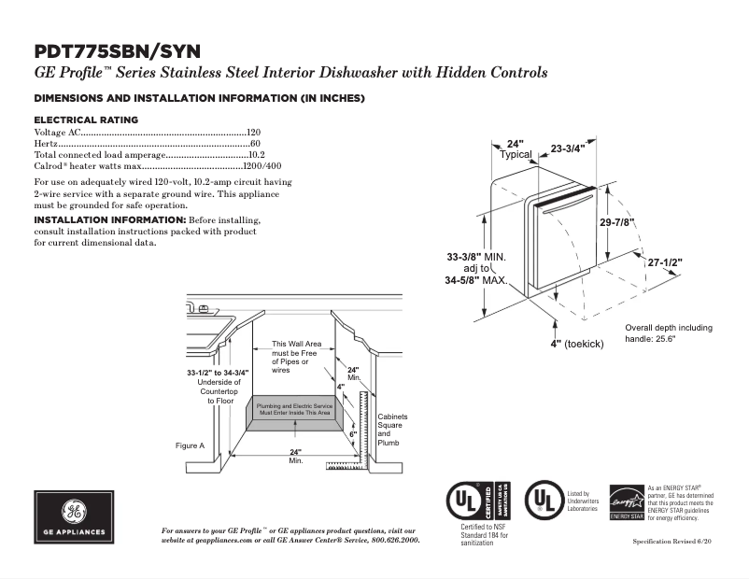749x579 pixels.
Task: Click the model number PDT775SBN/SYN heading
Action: [x=117, y=51]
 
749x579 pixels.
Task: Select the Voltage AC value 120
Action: [x=253, y=133]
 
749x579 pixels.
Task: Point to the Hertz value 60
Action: [x=255, y=144]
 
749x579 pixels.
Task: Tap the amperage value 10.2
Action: [x=257, y=155]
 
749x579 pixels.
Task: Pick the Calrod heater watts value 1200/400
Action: [x=261, y=166]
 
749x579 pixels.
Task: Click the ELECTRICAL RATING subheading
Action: [x=86, y=120]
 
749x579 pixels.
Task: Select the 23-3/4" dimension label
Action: [x=567, y=148]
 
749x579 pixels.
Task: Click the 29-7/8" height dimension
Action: [x=617, y=222]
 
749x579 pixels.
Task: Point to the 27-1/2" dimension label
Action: [x=665, y=263]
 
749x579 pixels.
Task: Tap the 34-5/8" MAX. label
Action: [x=475, y=279]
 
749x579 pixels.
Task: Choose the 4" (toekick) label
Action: [x=577, y=345]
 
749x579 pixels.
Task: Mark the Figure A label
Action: [x=190, y=445]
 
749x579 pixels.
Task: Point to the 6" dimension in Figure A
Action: [x=353, y=434]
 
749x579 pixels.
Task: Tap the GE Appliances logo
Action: [x=74, y=517]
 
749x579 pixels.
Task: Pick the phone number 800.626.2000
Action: [x=392, y=541]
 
